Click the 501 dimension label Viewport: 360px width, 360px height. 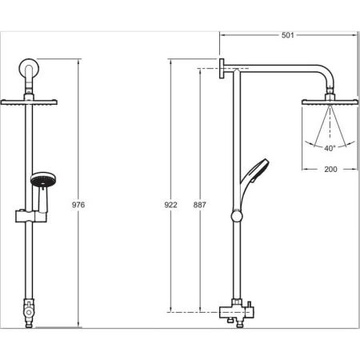coord(288,35)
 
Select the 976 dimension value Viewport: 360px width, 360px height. coord(78,205)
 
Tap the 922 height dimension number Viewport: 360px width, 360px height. coord(170,205)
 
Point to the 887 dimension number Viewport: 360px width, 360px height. coord(200,205)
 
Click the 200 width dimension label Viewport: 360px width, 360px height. coord(330,169)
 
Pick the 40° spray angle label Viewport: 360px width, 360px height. coord(330,148)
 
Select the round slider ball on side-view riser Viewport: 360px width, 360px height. coord(237,216)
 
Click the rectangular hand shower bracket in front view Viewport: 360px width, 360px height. coord(31,216)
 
